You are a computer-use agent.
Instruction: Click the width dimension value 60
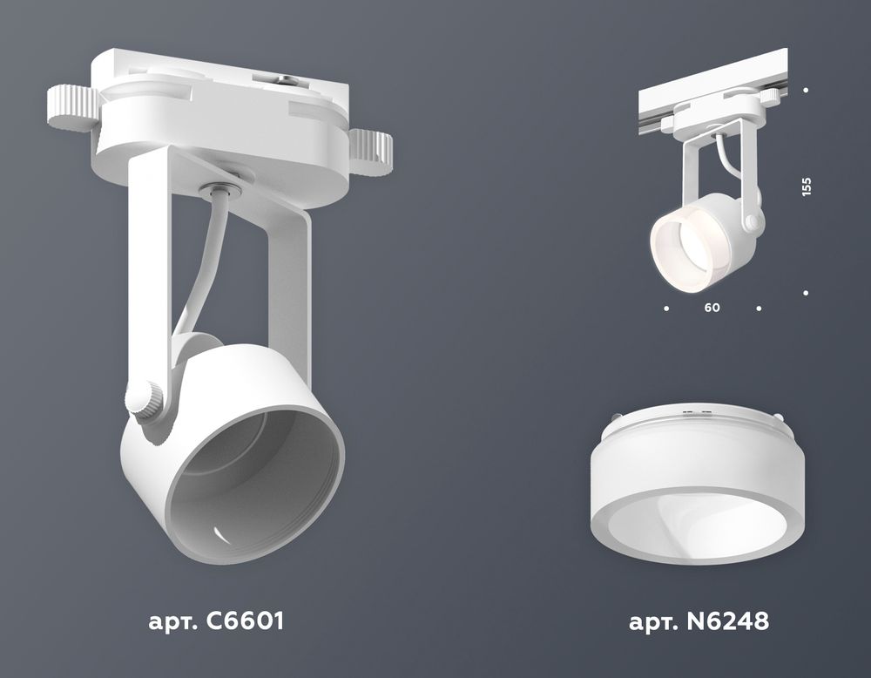[712, 308]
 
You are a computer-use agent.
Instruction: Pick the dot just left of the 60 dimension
[666, 308]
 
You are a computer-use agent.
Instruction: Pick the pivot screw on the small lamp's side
[750, 224]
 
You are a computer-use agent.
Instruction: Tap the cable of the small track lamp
[722, 162]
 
